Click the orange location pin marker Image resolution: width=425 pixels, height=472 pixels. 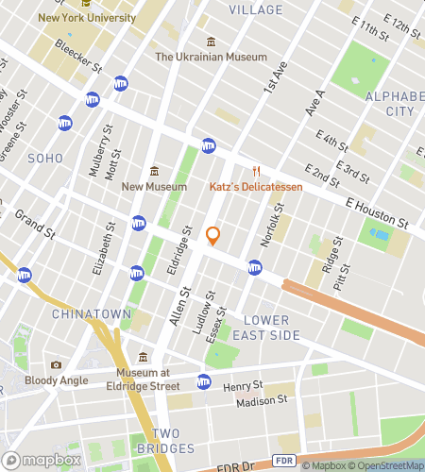click(x=212, y=235)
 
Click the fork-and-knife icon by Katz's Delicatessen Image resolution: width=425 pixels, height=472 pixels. click(x=255, y=171)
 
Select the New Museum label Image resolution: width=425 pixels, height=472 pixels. click(x=153, y=187)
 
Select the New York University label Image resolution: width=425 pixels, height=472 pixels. click(x=85, y=16)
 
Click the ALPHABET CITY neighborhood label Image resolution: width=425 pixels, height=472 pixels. click(x=389, y=104)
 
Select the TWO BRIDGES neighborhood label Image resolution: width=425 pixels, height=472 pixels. click(x=165, y=440)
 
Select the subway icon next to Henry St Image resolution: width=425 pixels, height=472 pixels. click(x=204, y=381)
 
